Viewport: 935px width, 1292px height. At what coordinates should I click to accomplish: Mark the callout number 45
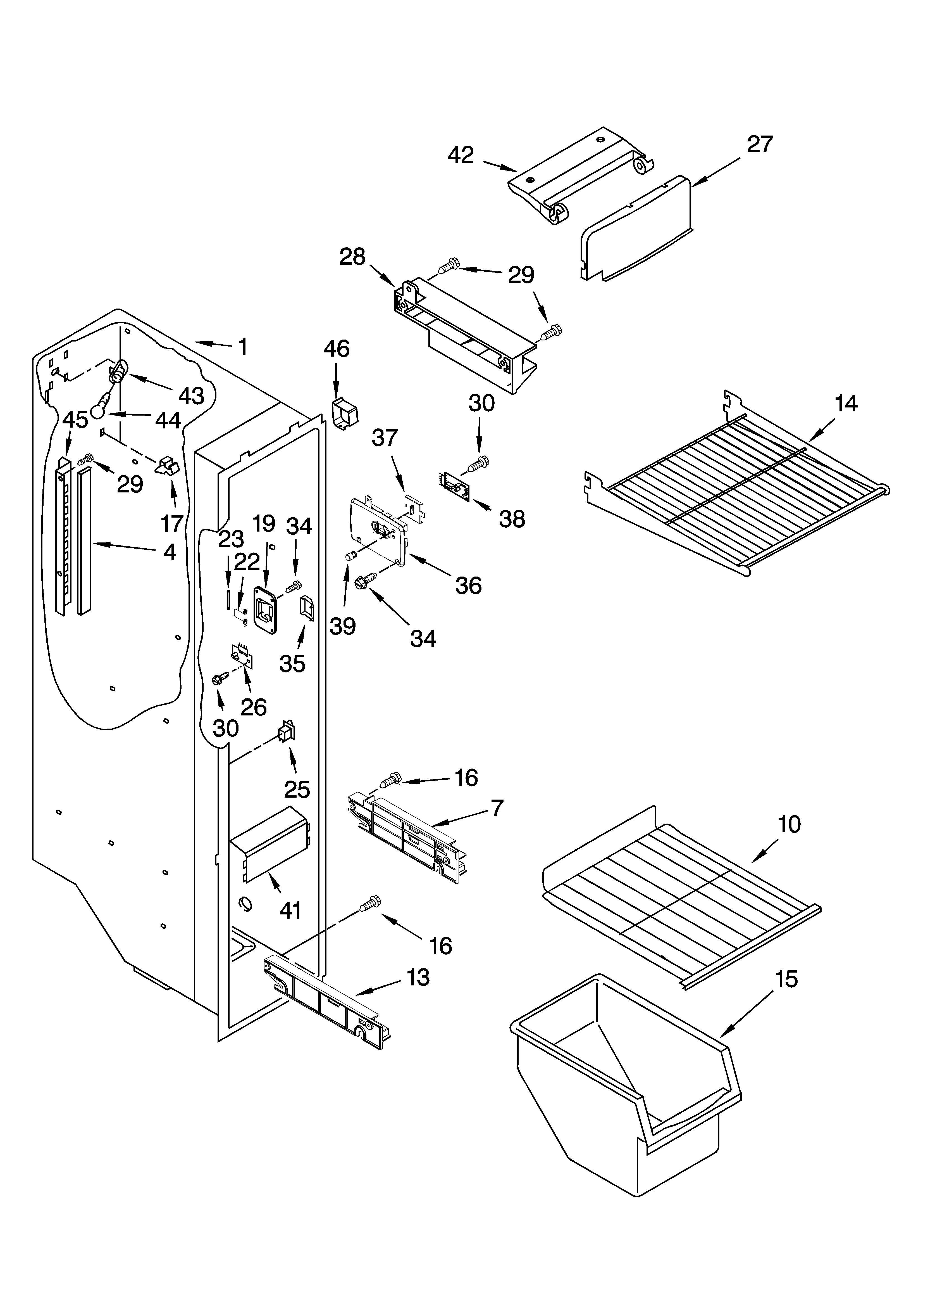pos(75,420)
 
